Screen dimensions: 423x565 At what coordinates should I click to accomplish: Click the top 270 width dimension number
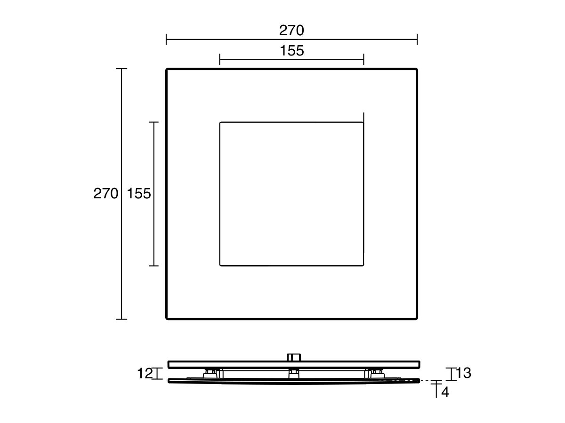[x=291, y=31]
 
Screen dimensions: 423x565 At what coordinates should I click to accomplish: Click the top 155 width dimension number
[x=292, y=51]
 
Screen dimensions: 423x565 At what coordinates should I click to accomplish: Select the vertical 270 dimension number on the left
[x=105, y=194]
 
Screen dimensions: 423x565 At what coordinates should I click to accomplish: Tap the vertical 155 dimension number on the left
[x=139, y=194]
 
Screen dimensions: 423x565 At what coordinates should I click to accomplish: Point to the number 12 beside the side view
[x=145, y=374]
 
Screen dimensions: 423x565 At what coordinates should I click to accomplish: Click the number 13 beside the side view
[x=463, y=373]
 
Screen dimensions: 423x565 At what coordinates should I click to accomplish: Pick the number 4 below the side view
[x=445, y=392]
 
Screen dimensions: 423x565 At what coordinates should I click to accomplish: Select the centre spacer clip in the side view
[x=293, y=373]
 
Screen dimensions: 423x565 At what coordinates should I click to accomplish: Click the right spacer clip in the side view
[x=376, y=373]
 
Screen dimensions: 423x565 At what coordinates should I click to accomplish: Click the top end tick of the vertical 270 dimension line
[x=121, y=69]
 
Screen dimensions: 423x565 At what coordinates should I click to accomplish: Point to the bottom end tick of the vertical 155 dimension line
[x=153, y=266]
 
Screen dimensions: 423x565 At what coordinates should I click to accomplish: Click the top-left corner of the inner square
[x=220, y=123]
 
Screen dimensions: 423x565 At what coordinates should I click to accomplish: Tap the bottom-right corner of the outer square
[x=417, y=319]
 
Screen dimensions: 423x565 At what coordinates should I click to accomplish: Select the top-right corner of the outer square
[x=417, y=70]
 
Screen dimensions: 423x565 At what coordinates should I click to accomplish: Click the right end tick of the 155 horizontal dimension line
[x=363, y=59]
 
